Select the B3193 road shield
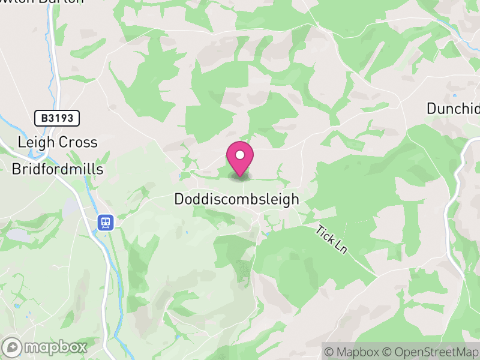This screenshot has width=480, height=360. pyautogui.click(x=57, y=118)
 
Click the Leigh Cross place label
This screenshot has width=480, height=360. pyautogui.click(x=58, y=142)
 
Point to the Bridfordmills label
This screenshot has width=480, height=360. pyautogui.click(x=58, y=169)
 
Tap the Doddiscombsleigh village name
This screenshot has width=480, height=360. pyautogui.click(x=236, y=200)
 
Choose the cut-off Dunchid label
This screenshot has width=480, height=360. pyautogui.click(x=453, y=109)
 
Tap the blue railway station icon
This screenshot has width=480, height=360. pyautogui.click(x=106, y=223)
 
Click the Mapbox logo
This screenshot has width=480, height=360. pyautogui.click(x=46, y=347)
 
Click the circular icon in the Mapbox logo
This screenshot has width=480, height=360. pyautogui.click(x=12, y=347)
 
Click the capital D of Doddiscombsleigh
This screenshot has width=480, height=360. pyautogui.click(x=179, y=200)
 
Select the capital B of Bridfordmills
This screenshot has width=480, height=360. pyautogui.click(x=16, y=169)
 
